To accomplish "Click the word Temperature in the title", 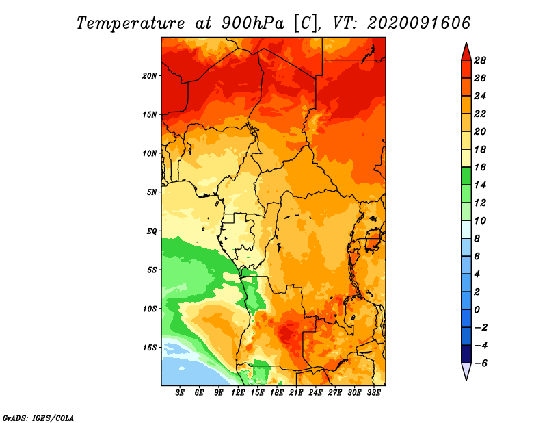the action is click(131, 23).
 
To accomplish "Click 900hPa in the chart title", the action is click(253, 23).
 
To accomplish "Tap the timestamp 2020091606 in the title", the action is click(418, 23).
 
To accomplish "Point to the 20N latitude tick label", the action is click(150, 76).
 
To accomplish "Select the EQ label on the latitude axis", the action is click(152, 231).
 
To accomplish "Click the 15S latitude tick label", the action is click(150, 348).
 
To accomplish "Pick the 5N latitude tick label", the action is click(152, 192).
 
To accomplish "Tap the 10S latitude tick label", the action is click(150, 309).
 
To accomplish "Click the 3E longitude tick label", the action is click(180, 393).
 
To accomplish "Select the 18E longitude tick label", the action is click(277, 393).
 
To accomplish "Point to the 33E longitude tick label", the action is click(373, 393).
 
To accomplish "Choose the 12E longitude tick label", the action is click(238, 393).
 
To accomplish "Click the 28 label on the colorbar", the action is click(480, 60).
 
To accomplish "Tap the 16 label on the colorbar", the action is click(480, 167).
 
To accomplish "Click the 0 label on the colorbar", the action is click(477, 310).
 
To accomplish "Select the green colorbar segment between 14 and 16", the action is click(466, 176).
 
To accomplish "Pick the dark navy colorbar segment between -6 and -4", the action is click(466, 354).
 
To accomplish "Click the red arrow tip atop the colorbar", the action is click(466, 42).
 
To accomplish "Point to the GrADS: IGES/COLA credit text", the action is click(38, 418).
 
